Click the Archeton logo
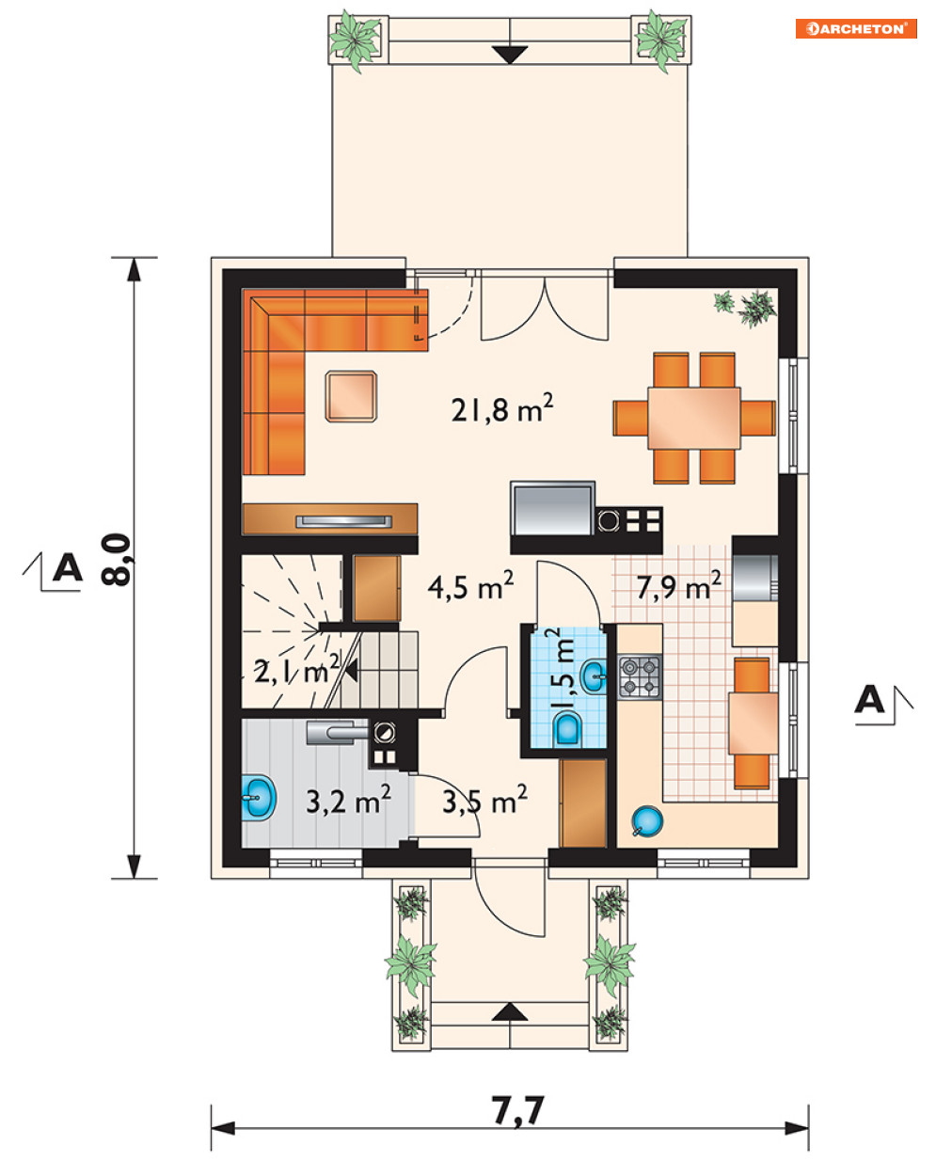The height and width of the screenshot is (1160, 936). [856, 28]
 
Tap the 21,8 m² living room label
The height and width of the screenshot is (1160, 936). [502, 408]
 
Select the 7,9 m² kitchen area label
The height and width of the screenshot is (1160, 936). [679, 586]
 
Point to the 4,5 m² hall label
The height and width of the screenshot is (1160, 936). [470, 586]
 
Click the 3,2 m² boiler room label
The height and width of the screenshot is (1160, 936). [348, 801]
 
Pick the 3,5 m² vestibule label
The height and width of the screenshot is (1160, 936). [484, 801]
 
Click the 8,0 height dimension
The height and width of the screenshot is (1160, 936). [116, 560]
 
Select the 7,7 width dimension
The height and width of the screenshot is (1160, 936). [517, 1110]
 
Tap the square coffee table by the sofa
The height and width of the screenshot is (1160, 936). [351, 396]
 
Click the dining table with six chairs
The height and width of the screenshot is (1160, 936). [694, 418]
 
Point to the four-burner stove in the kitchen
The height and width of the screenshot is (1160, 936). [640, 677]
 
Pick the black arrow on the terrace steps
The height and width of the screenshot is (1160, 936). [510, 56]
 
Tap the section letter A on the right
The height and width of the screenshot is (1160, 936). [869, 699]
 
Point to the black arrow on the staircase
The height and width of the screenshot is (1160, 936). [352, 672]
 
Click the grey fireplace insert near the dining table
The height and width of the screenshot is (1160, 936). [553, 508]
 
